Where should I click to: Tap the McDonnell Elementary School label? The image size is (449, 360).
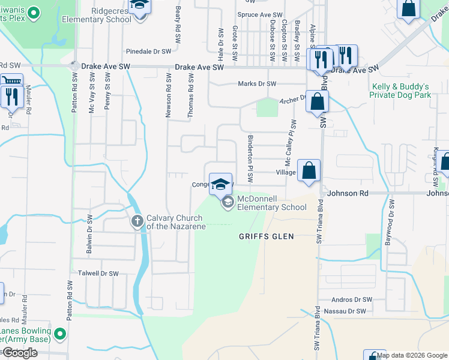point(272,203)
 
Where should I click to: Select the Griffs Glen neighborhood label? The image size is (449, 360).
point(266,236)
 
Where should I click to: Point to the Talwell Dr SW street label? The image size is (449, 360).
point(98,273)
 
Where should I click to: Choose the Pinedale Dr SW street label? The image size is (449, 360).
point(149,52)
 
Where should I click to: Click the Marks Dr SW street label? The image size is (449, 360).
point(257,84)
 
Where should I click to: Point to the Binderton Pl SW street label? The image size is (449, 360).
point(251,159)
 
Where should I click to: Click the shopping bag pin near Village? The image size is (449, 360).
point(309,170)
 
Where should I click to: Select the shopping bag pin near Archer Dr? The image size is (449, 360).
point(317,102)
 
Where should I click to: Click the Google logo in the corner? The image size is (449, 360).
point(20,353)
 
